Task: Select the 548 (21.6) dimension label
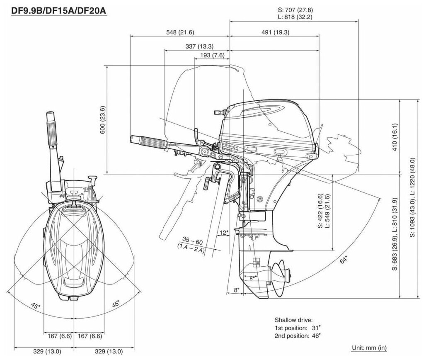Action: [x=180, y=32]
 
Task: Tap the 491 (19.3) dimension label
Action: [x=275, y=32]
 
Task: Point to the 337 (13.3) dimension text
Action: [x=197, y=46]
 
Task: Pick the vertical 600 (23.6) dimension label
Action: [x=103, y=119]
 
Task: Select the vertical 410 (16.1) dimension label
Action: [x=394, y=136]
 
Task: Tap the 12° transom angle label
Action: [x=224, y=233]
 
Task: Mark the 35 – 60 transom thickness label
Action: [x=193, y=241]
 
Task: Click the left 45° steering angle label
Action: [x=36, y=306]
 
